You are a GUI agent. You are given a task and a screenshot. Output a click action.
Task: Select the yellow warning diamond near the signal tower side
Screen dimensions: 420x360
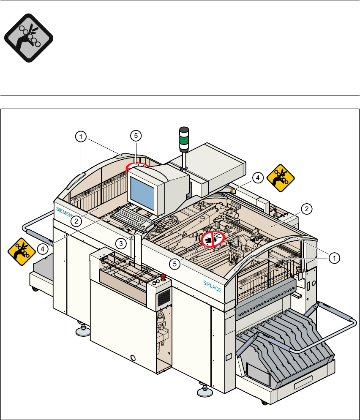click(280, 177)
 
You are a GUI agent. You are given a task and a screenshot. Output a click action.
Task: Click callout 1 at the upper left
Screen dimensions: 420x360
click(81, 136)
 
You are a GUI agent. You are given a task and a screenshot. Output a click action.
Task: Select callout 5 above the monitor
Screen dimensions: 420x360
click(135, 136)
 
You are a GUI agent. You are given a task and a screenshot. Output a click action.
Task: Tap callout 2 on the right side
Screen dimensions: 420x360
click(307, 208)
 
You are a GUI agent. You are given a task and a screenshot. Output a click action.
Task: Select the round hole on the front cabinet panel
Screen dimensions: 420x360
click(134, 358)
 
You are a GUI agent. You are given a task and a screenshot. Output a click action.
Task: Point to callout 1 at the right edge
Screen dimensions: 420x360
click(333, 256)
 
